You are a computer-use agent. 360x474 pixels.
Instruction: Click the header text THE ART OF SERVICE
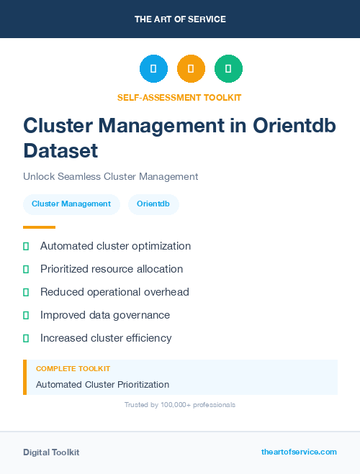click(x=180, y=19)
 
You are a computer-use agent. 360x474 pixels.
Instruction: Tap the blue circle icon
click(x=153, y=68)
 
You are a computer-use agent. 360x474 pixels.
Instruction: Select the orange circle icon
click(x=191, y=68)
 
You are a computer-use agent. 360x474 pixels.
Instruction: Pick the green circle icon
click(x=228, y=68)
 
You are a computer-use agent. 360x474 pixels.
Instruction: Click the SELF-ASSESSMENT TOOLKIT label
click(x=180, y=97)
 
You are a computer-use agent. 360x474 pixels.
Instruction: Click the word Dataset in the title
click(x=60, y=150)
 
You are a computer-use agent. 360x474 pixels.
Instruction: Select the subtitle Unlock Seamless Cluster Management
click(x=110, y=176)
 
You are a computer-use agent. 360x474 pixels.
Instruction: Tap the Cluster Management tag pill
click(x=71, y=204)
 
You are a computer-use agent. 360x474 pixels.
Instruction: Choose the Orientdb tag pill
click(x=153, y=204)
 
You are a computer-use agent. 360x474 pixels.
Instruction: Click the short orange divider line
click(x=39, y=227)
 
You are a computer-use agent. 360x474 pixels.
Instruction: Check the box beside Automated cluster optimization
click(x=26, y=246)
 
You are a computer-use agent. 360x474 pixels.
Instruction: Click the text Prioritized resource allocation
click(x=112, y=269)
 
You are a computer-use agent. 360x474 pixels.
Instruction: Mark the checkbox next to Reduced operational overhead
click(x=26, y=292)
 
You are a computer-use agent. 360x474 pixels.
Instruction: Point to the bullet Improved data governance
click(x=105, y=315)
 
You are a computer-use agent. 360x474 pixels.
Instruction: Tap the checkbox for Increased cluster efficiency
click(x=26, y=338)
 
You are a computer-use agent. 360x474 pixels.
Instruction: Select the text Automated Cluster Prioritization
click(x=102, y=385)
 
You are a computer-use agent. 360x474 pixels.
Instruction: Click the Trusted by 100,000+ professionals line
click(x=180, y=405)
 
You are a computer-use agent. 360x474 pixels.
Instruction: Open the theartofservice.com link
click(x=299, y=452)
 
